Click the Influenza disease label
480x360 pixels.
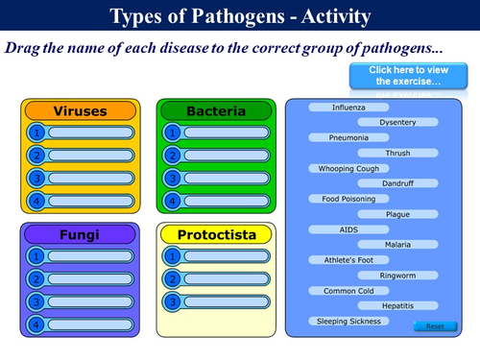[x=348, y=108]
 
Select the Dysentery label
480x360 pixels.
[x=397, y=123]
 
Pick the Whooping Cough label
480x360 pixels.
[x=348, y=168]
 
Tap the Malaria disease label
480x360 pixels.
[x=397, y=245]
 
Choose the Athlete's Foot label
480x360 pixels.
[x=348, y=260]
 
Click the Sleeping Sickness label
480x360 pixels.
[x=348, y=321]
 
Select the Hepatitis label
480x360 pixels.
[x=397, y=305]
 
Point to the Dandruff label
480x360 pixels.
[x=397, y=183]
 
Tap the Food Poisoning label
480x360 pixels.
[x=348, y=199]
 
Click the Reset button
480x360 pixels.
[x=434, y=326]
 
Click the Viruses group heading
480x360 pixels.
[x=79, y=111]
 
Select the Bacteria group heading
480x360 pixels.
[x=216, y=111]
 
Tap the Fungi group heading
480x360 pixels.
[x=79, y=234]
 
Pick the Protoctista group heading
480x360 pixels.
[x=216, y=234]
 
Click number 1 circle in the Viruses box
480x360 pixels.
[x=36, y=133]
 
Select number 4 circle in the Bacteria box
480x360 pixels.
[x=173, y=201]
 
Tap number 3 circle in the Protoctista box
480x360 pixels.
[x=173, y=301]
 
